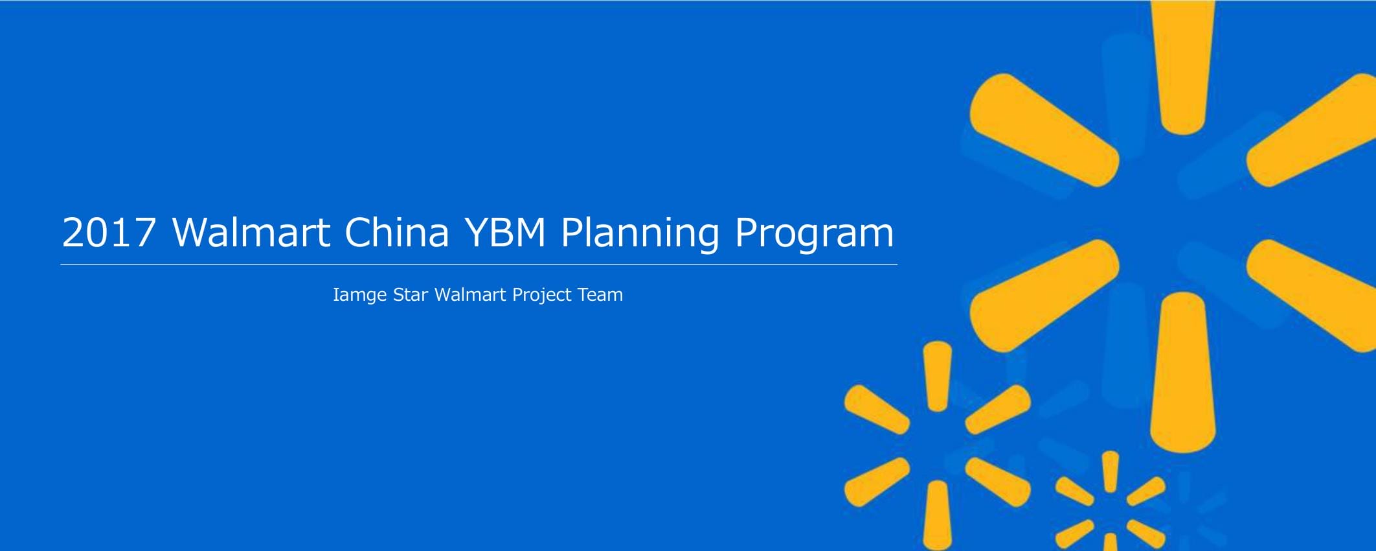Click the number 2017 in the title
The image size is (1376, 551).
click(109, 232)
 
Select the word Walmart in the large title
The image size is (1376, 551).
click(251, 231)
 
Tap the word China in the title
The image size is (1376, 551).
click(397, 231)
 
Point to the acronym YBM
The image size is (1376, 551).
click(506, 232)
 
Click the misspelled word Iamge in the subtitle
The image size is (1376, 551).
click(359, 296)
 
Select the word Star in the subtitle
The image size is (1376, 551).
click(411, 295)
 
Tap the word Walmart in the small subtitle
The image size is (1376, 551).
click(470, 295)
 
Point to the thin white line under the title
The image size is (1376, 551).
click(479, 264)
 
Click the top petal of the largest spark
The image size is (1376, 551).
click(1183, 65)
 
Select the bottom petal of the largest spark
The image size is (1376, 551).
click(1183, 373)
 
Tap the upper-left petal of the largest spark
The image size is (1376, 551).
click(1044, 130)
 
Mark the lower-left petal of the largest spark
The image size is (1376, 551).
click(1044, 296)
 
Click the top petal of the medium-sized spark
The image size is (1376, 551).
click(938, 377)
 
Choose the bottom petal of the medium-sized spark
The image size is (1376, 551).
click(938, 515)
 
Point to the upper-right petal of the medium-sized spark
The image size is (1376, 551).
click(998, 410)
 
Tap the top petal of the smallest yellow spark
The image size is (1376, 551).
click(1111, 472)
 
